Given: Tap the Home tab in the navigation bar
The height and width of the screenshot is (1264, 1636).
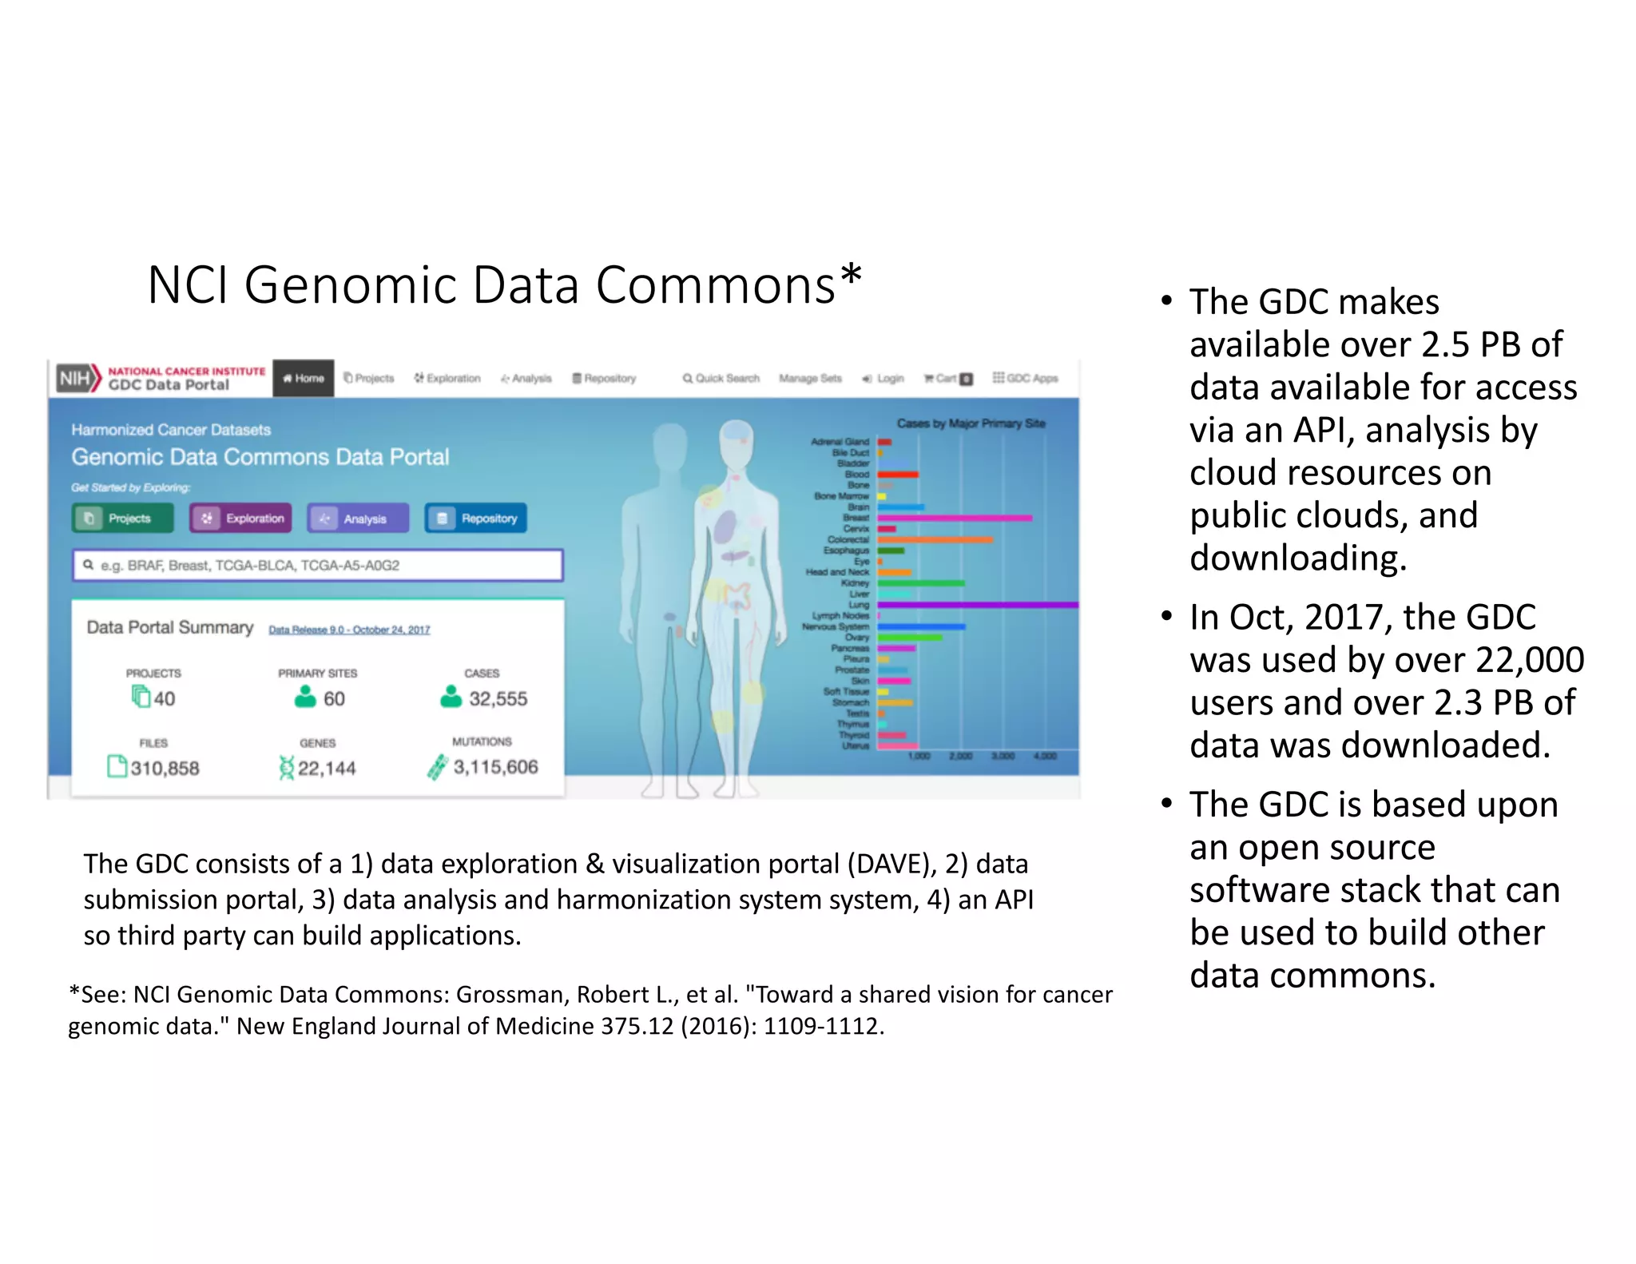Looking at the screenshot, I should [304, 378].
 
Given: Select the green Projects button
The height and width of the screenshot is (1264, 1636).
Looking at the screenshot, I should [122, 519].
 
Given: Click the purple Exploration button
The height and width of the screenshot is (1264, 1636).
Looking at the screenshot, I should [240, 519].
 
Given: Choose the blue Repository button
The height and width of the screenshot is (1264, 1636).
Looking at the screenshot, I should [476, 519].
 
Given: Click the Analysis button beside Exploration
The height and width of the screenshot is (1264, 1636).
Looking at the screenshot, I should [358, 519].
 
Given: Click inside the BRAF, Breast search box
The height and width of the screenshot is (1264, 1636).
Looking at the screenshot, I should [317, 565].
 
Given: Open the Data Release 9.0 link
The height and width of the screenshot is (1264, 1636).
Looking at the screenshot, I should [349, 630].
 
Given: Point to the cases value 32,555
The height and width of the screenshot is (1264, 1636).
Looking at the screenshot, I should [498, 699].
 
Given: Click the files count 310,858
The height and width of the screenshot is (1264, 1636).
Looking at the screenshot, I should [165, 768].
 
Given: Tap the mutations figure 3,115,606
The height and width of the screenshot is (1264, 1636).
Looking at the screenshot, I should [495, 767].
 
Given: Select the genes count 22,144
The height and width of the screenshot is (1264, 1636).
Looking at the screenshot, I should [327, 768].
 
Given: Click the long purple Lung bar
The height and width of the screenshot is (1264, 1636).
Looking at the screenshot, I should [978, 606].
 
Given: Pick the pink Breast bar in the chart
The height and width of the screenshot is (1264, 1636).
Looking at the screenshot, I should [955, 518].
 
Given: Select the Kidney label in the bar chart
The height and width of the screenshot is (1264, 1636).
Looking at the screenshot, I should [855, 583].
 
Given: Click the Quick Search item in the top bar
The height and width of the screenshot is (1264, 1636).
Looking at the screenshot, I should [721, 378].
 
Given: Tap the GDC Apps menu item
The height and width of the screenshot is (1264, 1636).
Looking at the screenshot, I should [1026, 378].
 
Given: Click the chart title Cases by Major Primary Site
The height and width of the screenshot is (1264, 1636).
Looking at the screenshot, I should [971, 423].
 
